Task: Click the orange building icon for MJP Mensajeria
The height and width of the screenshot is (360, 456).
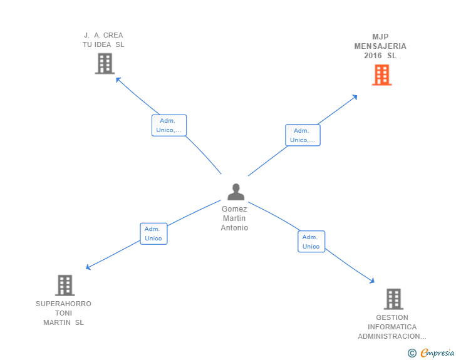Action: click(382, 75)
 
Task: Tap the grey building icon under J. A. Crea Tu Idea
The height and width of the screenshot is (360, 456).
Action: click(105, 63)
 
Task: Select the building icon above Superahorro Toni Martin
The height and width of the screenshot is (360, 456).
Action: click(65, 285)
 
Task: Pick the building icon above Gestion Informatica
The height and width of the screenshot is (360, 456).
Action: click(393, 299)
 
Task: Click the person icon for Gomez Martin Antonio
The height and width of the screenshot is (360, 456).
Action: click(236, 192)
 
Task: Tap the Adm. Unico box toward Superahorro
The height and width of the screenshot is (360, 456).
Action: click(153, 234)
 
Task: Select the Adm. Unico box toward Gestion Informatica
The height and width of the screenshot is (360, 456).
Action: click(311, 242)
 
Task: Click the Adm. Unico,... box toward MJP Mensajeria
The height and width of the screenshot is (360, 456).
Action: click(303, 135)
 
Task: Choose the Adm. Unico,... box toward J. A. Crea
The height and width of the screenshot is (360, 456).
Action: click(169, 125)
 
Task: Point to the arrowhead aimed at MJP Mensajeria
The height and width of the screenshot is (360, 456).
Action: click(355, 97)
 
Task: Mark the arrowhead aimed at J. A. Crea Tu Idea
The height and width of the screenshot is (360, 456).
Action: click(118, 80)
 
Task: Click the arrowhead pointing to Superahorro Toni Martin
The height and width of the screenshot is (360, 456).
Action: click(88, 267)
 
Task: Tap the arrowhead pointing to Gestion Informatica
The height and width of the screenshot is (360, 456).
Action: click(372, 281)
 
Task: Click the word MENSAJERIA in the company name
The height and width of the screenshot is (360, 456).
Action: click(380, 46)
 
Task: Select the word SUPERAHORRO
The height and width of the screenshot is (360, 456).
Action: click(63, 304)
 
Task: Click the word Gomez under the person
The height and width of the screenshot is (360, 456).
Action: click(234, 209)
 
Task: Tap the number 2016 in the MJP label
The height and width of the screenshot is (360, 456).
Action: click(373, 56)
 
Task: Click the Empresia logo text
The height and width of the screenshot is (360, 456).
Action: click(437, 353)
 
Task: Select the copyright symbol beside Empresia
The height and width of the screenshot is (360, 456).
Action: click(412, 353)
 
